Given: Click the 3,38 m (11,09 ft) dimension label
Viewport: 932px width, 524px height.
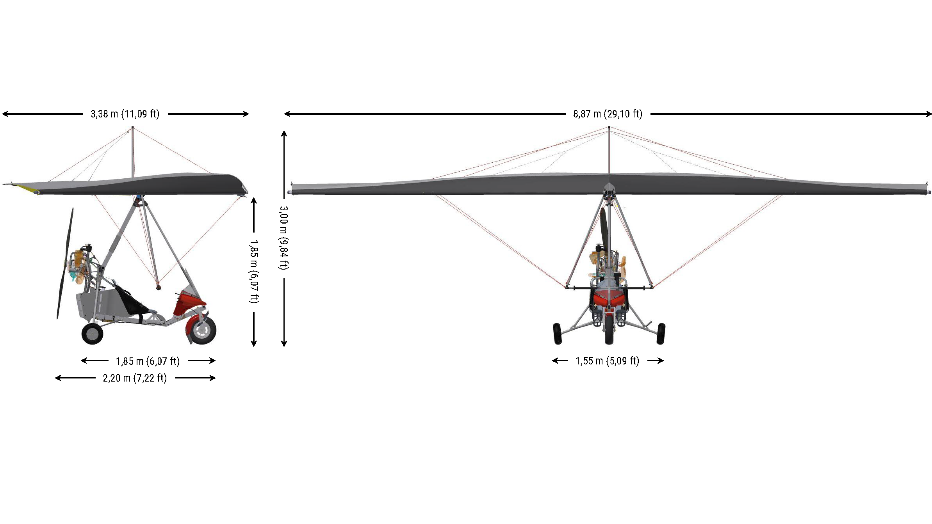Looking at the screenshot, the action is pyautogui.click(x=125, y=114).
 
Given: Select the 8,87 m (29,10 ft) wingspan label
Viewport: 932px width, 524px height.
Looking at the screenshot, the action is pyautogui.click(x=608, y=114).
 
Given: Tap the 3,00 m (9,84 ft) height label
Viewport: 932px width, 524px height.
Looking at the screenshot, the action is pyautogui.click(x=284, y=238).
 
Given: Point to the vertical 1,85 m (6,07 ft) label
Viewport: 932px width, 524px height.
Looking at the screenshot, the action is pyautogui.click(x=254, y=272).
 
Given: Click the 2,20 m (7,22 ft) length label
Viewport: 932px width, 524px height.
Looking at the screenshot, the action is pyautogui.click(x=135, y=378).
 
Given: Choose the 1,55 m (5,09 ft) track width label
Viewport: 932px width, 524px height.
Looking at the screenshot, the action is pyautogui.click(x=608, y=361).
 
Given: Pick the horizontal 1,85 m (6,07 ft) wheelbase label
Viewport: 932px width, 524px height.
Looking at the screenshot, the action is pyautogui.click(x=148, y=361).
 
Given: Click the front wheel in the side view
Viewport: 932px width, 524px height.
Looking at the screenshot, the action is pyautogui.click(x=202, y=330).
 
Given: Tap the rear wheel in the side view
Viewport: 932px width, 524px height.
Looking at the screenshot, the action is pyautogui.click(x=93, y=334).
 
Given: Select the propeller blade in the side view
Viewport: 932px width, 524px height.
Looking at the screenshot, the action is pyautogui.click(x=65, y=263).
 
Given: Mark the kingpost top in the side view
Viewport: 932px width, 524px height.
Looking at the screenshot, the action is pyautogui.click(x=132, y=128).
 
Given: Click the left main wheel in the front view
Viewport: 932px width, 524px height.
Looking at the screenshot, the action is pyautogui.click(x=558, y=334).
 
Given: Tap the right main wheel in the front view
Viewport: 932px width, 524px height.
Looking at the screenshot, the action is pyautogui.click(x=661, y=334).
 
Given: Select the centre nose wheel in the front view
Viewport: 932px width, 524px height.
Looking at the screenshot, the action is pyautogui.click(x=609, y=330).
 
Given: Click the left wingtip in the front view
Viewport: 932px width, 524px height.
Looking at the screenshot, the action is pyautogui.click(x=290, y=189).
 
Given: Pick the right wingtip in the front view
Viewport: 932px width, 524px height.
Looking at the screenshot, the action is pyautogui.click(x=928, y=189).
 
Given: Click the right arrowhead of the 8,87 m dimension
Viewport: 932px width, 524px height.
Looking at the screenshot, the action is pyautogui.click(x=929, y=114).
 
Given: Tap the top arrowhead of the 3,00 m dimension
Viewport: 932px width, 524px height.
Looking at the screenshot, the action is pyautogui.click(x=284, y=133).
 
